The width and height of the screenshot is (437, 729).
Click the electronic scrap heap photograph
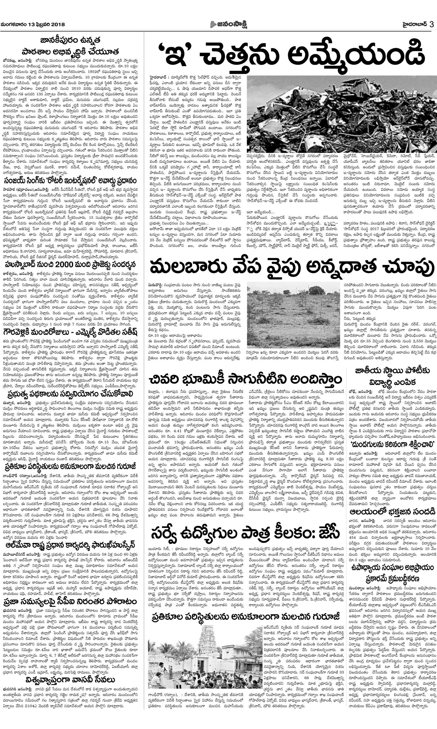click(341, 114)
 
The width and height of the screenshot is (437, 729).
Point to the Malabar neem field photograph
click(293, 315)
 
